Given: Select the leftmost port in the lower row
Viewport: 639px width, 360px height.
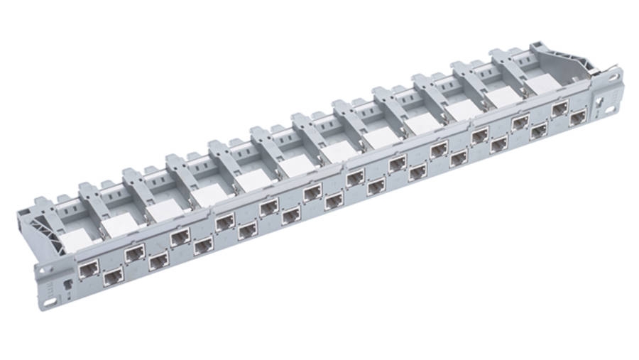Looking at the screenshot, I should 113,276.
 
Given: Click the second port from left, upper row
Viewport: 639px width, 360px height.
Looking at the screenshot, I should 135,252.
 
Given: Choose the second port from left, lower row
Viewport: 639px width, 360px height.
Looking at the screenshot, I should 158,261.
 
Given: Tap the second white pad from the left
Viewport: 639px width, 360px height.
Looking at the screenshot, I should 116,227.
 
